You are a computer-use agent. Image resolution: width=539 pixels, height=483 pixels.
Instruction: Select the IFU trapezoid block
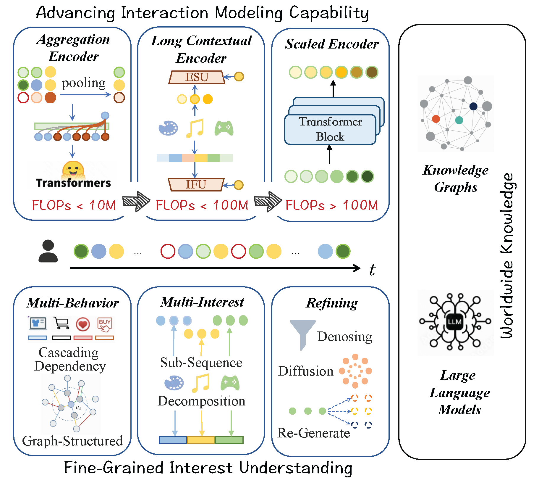click(x=196, y=185)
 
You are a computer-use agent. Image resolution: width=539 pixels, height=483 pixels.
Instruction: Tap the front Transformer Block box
click(x=330, y=130)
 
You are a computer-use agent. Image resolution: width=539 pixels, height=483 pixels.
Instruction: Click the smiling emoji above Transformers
click(x=73, y=170)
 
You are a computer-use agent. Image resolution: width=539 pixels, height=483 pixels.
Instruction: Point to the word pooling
click(x=84, y=83)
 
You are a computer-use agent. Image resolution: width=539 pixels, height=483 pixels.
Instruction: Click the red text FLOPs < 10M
click(x=74, y=205)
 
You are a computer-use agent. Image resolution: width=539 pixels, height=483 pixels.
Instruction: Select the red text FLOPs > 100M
click(x=332, y=205)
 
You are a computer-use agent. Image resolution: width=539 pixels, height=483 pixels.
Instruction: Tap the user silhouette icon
click(x=48, y=251)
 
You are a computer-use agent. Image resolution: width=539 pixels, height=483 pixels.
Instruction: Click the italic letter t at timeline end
click(x=372, y=270)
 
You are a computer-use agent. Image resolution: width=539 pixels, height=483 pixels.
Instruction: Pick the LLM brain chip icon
click(x=454, y=322)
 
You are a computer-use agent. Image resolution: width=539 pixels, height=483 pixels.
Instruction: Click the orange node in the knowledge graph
click(x=436, y=119)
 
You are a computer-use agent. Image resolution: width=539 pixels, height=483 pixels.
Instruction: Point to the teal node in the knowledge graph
click(x=459, y=120)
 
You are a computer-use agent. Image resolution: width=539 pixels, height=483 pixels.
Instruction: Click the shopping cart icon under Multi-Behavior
click(x=61, y=323)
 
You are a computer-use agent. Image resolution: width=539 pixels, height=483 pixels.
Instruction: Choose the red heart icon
click(x=83, y=324)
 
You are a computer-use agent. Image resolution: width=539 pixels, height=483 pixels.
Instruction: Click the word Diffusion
click(x=306, y=371)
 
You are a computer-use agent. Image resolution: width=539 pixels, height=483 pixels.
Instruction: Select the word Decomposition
click(x=201, y=401)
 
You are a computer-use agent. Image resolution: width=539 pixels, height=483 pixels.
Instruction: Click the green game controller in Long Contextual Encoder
click(x=224, y=128)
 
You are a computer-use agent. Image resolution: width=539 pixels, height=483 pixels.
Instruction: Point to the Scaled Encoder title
click(x=332, y=44)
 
